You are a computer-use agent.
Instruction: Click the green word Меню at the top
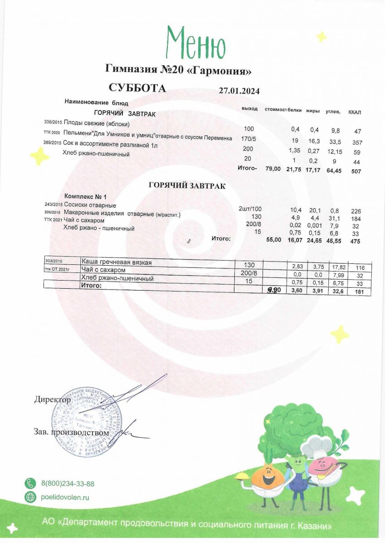point(195,43)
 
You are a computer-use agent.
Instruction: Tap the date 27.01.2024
point(239,90)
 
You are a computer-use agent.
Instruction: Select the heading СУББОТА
point(137,88)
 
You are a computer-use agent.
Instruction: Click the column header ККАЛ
point(355,112)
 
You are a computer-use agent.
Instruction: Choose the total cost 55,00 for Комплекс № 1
point(273,241)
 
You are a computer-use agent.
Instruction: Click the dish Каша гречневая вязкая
point(116,262)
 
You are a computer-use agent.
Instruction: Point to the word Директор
point(52,400)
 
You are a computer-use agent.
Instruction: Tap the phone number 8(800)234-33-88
point(68,484)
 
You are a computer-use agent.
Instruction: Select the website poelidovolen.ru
point(65,497)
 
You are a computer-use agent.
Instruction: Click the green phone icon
point(30,484)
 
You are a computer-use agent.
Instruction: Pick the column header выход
point(250,110)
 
